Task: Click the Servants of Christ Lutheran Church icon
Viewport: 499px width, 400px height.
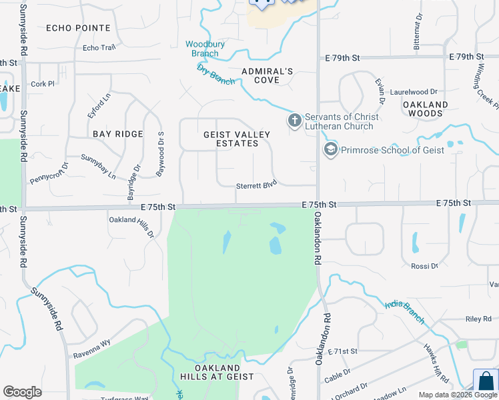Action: (294, 121)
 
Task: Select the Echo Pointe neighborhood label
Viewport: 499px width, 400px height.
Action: (78, 27)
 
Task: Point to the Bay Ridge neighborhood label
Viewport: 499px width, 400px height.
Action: (118, 134)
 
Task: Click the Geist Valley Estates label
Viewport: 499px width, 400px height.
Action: (237, 139)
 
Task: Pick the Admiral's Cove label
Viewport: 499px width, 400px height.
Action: (268, 75)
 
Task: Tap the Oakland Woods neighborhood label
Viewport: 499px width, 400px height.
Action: (426, 109)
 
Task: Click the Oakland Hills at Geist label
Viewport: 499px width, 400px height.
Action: (217, 372)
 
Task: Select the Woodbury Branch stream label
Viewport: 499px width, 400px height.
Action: (201, 49)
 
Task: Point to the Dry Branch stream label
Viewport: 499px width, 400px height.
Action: (215, 75)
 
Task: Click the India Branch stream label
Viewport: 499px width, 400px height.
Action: (404, 313)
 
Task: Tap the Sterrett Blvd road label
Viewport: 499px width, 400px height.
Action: (256, 186)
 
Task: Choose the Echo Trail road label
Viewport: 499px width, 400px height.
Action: (99, 48)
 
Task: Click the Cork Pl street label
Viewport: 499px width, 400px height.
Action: (42, 84)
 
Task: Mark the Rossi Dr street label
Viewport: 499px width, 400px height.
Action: (425, 266)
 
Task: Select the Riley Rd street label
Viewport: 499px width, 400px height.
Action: (478, 319)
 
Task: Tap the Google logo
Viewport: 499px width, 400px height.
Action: (22, 392)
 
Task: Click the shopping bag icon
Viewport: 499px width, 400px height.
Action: (486, 381)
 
